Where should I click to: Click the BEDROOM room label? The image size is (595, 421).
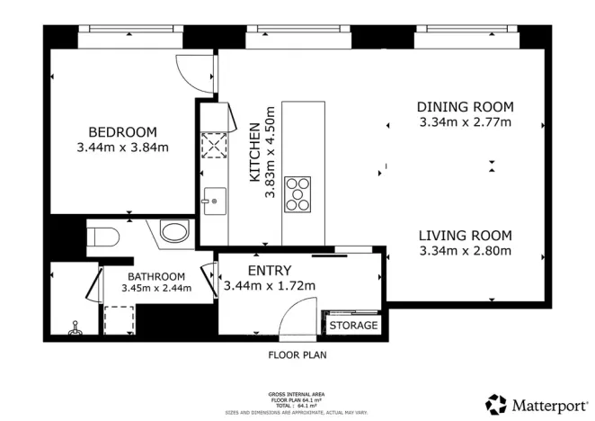pos(122,130)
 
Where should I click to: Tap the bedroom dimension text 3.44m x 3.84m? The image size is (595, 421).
pos(122,147)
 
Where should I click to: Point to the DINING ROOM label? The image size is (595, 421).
pos(466,107)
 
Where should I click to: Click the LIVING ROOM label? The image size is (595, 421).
pos(465,236)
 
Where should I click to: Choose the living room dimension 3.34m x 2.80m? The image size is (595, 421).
pos(465,251)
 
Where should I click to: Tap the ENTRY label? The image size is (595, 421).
pos(269,271)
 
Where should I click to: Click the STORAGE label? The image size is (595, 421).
pos(353,325)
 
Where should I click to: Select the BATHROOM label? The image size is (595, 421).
pos(156,276)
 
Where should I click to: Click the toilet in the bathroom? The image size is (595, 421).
pos(105,237)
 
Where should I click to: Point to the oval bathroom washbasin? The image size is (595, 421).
pos(173,233)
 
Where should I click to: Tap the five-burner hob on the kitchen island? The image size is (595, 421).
pos(297,193)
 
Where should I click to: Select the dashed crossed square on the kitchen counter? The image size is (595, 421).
pos(213,145)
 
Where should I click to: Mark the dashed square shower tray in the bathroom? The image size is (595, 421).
pos(119,319)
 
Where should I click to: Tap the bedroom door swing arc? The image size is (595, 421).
pos(192,72)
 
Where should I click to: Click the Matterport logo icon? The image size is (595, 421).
pos(497,402)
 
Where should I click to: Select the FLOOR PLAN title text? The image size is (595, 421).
pos(297,354)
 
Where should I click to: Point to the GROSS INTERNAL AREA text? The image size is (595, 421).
pos(297,394)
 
